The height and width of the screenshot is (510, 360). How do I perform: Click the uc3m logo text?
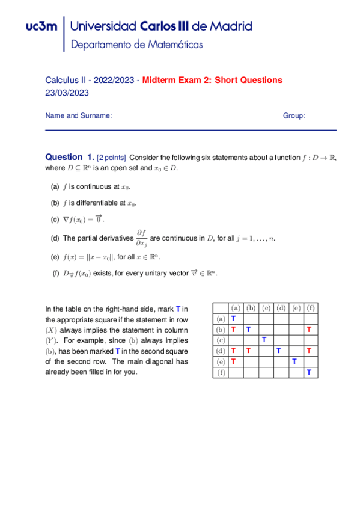(42, 26)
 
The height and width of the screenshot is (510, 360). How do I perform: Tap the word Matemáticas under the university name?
(175, 45)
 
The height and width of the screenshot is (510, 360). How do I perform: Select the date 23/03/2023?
(67, 93)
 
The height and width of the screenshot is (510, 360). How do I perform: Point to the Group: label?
(294, 116)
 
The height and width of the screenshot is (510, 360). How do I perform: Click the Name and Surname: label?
(79, 116)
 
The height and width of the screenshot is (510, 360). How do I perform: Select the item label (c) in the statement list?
(55, 219)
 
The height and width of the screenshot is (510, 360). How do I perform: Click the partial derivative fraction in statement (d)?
(142, 239)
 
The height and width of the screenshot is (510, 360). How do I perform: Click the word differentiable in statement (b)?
(96, 203)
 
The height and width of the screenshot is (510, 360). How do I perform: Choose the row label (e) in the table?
(221, 362)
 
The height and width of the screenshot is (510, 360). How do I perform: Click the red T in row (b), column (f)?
(309, 330)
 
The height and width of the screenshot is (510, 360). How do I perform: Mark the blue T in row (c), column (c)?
(263, 340)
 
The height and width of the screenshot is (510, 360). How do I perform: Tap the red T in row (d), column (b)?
(248, 351)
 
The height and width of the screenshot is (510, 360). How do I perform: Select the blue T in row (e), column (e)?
(294, 362)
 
